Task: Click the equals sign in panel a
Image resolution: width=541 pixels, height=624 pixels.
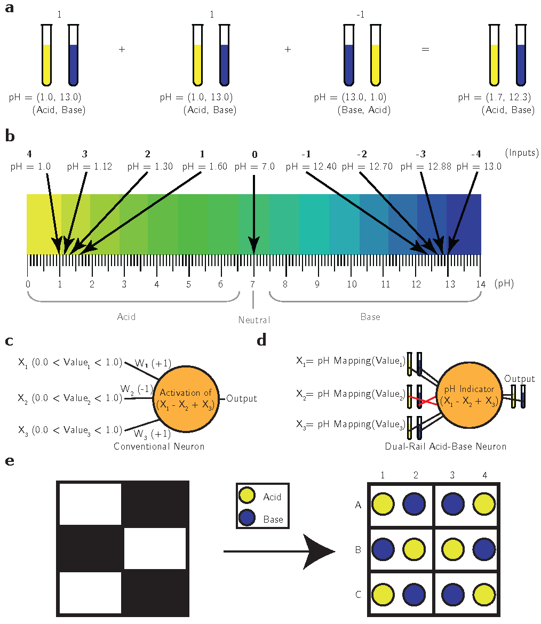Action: [x=425, y=49]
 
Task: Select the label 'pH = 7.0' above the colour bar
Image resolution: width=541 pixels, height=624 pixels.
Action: [x=254, y=167]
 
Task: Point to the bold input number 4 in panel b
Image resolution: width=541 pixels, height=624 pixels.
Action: [x=29, y=155]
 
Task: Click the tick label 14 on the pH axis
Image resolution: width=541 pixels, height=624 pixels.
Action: [x=481, y=284]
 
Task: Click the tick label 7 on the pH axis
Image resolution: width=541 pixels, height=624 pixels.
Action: [x=253, y=284]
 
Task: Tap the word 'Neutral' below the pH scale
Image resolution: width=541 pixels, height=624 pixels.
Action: [x=254, y=321]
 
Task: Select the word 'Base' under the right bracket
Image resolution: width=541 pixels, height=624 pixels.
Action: [x=370, y=317]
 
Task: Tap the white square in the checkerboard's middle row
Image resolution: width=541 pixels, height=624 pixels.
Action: [x=155, y=550]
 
